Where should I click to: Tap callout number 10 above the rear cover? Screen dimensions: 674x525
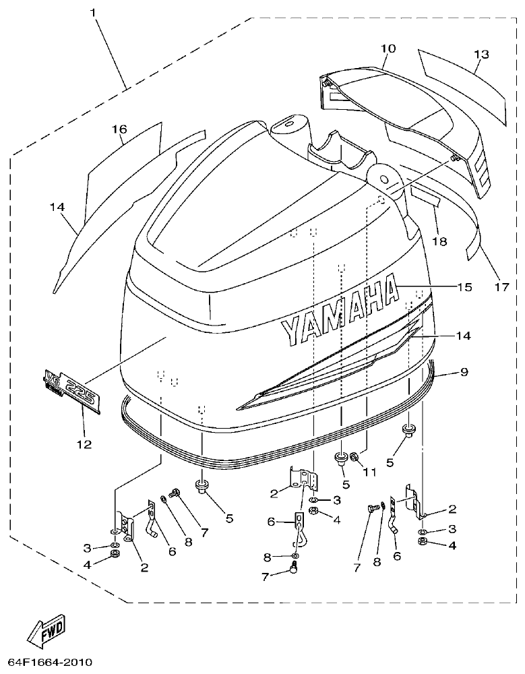coord(388,49)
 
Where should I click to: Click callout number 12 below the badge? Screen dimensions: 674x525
coord(84,444)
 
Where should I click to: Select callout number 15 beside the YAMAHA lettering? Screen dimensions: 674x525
coord(464,288)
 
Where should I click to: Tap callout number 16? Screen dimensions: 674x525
coord(119,129)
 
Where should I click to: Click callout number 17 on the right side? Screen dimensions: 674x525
coord(499,287)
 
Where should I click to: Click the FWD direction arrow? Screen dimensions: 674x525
coord(47,629)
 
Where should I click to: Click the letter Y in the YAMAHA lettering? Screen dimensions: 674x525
coord(290,329)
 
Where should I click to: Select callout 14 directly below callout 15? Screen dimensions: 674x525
coord(464,335)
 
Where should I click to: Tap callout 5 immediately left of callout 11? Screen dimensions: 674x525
coord(346,484)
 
